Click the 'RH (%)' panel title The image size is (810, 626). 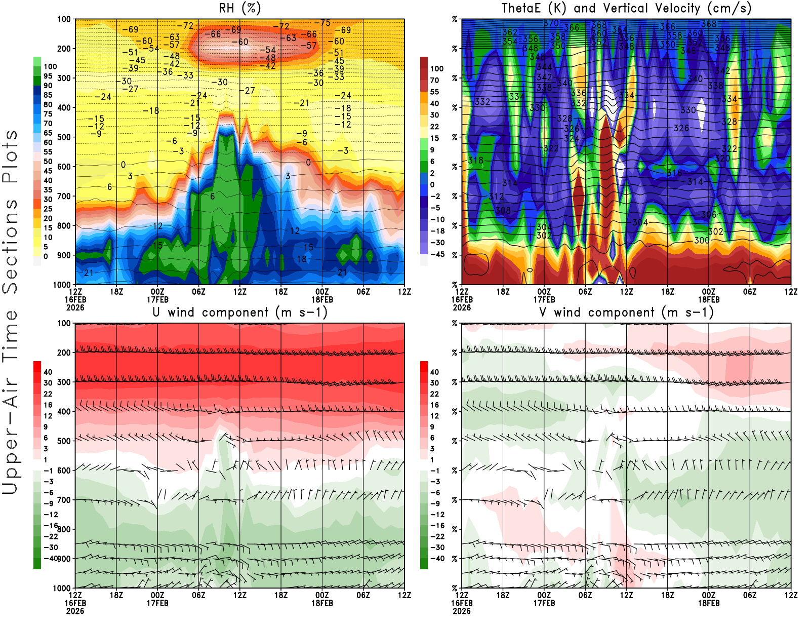pos(239,8)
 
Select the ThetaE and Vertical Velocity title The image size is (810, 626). pos(626,8)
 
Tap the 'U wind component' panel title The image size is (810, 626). pos(239,312)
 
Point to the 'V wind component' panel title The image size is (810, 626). pos(626,312)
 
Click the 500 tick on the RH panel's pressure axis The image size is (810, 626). pos(64,137)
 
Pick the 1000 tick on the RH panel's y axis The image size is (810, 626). pos(62,285)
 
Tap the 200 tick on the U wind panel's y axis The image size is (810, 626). pos(64,353)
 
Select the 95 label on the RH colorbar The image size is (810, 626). pos(48,76)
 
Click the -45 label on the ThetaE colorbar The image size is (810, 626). pos(437,254)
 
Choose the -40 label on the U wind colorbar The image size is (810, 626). pos(50,558)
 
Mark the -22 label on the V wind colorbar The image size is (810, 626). pos(437,536)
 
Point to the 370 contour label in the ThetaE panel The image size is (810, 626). pos(551,23)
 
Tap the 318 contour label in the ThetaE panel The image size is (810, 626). pos(476,160)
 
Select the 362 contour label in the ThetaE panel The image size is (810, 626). pos(510,32)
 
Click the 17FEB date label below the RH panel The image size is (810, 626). pos(157,299)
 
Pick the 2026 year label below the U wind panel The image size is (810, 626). pos(75,611)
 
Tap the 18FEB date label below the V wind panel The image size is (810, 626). pos(708,603)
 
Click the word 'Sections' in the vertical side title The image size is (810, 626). pos(10,246)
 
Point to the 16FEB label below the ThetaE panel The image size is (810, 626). pos(462,299)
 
